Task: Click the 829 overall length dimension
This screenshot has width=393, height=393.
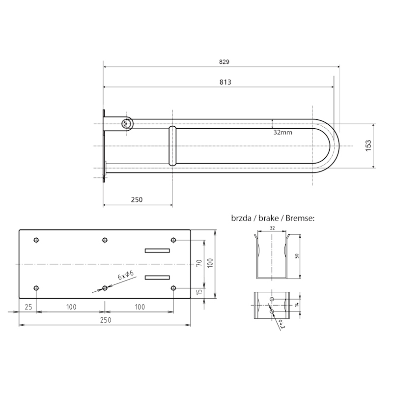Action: (x=224, y=62)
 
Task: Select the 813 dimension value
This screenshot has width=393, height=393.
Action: (x=225, y=82)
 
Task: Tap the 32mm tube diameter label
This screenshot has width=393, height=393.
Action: (x=283, y=132)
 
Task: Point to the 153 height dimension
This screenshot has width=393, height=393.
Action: (x=368, y=145)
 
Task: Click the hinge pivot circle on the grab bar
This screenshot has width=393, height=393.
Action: (x=126, y=124)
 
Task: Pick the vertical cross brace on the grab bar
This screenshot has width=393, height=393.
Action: (x=172, y=146)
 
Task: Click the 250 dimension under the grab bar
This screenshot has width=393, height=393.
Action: (x=137, y=199)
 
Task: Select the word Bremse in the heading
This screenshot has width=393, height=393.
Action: (x=300, y=218)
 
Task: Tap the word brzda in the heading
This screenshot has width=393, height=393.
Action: (x=241, y=218)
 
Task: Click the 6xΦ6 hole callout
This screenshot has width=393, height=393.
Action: (x=126, y=275)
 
